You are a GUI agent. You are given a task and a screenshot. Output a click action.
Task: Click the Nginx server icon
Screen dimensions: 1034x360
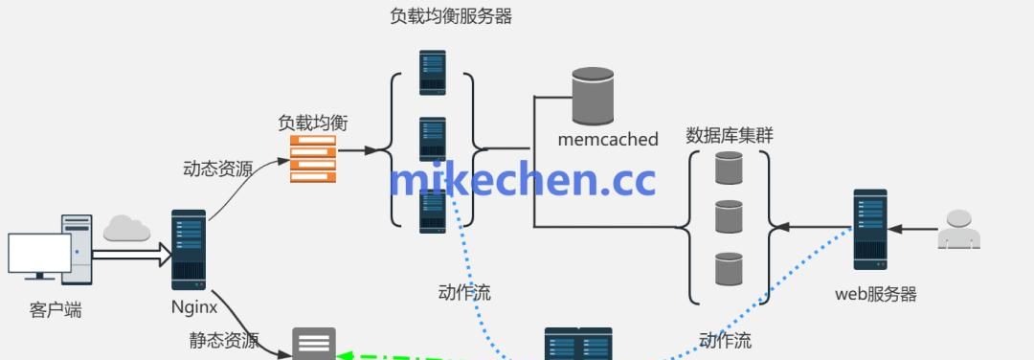(x=189, y=249)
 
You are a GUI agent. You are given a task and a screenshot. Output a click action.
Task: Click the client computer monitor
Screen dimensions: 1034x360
(x=39, y=255)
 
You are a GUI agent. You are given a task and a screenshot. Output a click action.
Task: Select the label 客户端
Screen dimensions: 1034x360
(x=56, y=310)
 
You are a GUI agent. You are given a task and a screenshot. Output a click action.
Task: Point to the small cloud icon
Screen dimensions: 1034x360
(x=127, y=228)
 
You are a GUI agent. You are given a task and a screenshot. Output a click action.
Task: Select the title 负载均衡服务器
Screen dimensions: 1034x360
(x=451, y=16)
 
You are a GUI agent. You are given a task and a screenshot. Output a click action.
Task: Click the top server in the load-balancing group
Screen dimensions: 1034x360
(x=433, y=72)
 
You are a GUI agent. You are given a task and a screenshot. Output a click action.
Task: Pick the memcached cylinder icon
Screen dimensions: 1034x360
(x=593, y=96)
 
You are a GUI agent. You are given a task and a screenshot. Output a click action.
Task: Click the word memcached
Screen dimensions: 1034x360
(x=608, y=139)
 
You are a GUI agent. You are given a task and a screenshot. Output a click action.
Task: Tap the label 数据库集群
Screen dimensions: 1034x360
(x=730, y=135)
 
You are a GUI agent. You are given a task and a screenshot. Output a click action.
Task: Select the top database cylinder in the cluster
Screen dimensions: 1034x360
(x=729, y=169)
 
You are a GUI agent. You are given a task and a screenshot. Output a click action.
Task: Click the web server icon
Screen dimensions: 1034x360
(x=870, y=229)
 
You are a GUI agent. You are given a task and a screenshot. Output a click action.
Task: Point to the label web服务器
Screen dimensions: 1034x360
(x=876, y=294)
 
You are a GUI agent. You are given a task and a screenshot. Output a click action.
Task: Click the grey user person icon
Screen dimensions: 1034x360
(x=958, y=230)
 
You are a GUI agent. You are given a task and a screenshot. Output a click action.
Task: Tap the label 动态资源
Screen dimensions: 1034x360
(x=217, y=169)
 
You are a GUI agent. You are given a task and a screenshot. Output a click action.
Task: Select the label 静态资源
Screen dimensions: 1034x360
(x=224, y=340)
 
